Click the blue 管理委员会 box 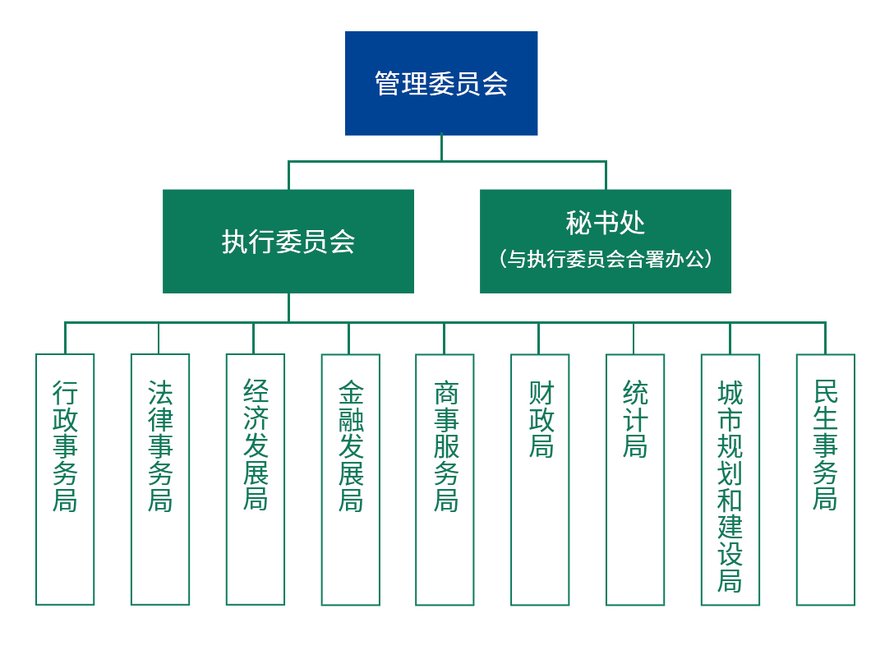click(441, 83)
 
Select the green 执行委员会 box click(288, 242)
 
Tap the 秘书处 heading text click(606, 224)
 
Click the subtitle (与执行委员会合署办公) click(606, 260)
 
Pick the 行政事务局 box click(65, 479)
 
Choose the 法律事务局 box click(160, 479)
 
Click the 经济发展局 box click(256, 479)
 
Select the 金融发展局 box click(351, 479)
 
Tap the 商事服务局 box click(445, 479)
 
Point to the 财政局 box click(540, 479)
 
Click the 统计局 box click(635, 479)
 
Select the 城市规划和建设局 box click(730, 479)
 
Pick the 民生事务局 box click(825, 479)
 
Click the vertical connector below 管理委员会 click(441, 148)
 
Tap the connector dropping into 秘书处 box click(606, 175)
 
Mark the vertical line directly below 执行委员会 click(288, 307)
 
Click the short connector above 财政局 click(539, 338)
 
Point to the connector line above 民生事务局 click(825, 338)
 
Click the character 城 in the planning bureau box click(730, 393)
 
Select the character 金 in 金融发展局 click(351, 393)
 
